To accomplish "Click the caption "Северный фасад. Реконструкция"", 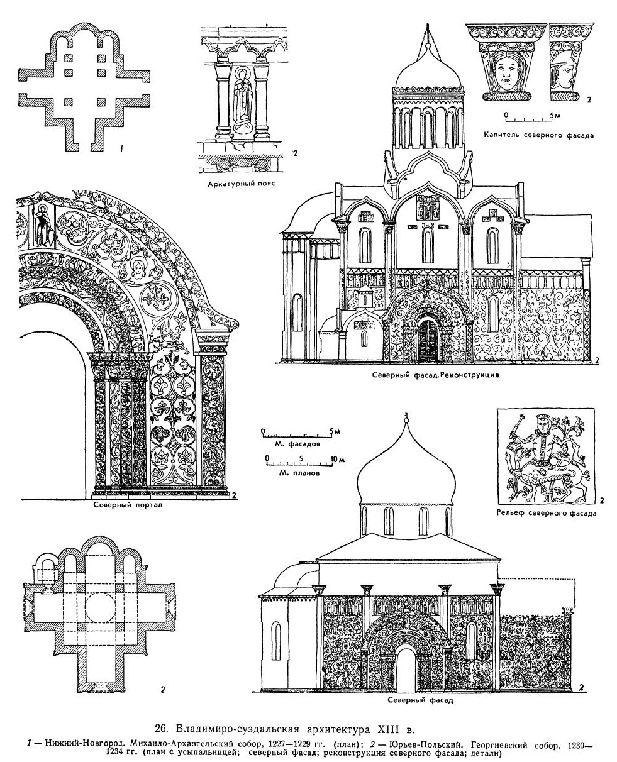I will pyautogui.click(x=436, y=373).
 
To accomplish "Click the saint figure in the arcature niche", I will pyautogui.click(x=241, y=97).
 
